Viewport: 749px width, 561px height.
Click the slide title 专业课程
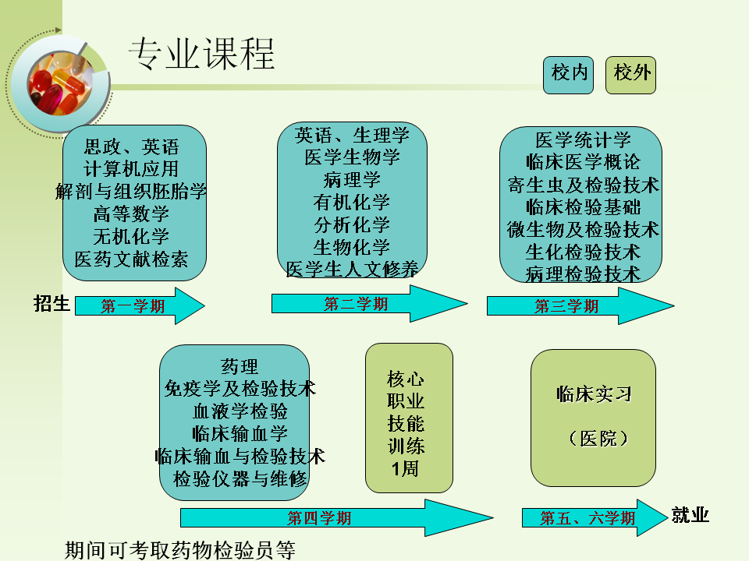(201, 55)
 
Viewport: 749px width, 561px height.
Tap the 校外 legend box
(630, 74)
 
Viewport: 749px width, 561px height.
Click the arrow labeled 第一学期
(140, 306)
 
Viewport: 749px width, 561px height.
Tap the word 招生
(51, 304)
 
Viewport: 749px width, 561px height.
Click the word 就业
(690, 515)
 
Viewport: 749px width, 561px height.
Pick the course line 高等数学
(131, 213)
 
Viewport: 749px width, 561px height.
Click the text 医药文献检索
(131, 259)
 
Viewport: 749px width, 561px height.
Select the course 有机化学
(352, 203)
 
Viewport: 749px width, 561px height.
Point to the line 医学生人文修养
(352, 270)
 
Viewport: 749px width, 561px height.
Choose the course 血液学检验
(240, 411)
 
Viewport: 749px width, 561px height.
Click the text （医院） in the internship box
(594, 439)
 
